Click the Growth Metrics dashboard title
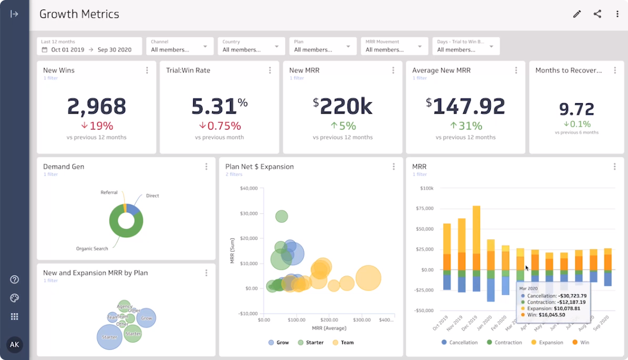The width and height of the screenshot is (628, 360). coord(79,15)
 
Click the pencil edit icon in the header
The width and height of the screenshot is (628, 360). coord(577,15)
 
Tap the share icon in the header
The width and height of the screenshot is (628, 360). coord(597,15)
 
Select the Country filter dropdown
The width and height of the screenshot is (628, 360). coord(251,46)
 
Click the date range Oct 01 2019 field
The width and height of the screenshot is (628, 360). coord(68,50)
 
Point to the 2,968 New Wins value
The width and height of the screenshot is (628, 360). coord(97,106)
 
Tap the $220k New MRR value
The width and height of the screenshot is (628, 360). coord(342,106)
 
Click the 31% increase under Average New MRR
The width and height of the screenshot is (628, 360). coord(466,126)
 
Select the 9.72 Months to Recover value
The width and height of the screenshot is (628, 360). coord(576,109)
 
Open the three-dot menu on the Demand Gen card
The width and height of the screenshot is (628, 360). coord(206,166)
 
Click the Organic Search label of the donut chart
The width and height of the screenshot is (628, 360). coord(92,249)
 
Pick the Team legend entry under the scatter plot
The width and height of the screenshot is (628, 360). coord(343,343)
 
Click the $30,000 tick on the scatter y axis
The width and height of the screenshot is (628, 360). coord(248,214)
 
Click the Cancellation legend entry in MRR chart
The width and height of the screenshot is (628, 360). coord(459,343)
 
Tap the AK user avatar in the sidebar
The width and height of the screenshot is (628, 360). coord(15,344)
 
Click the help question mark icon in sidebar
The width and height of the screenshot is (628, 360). coord(15,280)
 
